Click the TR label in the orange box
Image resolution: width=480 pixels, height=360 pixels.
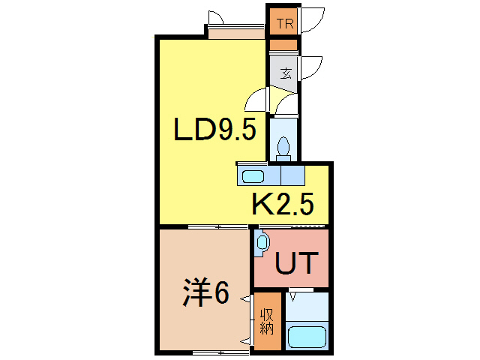click(284, 23)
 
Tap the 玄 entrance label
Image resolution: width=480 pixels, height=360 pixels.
click(286, 73)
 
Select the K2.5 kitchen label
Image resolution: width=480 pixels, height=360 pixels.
click(281, 204)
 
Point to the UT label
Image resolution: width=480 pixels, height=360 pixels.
click(298, 264)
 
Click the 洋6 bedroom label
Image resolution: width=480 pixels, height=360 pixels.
click(205, 293)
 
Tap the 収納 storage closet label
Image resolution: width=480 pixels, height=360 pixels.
click(267, 321)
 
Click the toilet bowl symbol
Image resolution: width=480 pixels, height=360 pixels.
click(284, 147)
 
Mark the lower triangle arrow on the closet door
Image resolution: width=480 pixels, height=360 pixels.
click(246, 341)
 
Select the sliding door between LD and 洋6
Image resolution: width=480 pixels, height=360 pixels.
click(217, 226)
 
